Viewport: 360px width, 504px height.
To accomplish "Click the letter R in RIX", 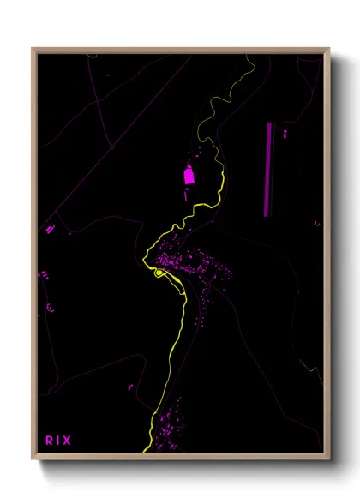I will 49,441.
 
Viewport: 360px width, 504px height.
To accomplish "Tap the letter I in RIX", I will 58,441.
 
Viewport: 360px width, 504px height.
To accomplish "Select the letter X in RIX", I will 68,441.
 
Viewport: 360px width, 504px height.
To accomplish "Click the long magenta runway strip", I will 270,170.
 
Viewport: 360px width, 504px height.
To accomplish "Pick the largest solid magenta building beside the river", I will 189,176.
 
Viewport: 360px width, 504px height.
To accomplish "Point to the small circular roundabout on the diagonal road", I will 111,147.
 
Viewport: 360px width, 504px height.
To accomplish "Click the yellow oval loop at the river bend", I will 159,273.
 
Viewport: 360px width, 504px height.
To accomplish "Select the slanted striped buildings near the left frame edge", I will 50,229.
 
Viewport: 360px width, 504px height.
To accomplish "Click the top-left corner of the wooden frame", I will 33,49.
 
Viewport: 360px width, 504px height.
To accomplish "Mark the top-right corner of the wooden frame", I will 328,49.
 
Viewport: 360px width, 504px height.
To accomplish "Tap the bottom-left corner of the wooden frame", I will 33,459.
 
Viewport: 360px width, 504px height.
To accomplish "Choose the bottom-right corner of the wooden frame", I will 328,459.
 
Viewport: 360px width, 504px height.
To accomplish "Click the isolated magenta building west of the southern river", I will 130,387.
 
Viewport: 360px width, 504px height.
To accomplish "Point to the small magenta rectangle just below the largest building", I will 186,195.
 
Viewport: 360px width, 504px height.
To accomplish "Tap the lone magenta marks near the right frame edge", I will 316,224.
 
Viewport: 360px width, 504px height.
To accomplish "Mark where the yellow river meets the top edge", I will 249,57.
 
